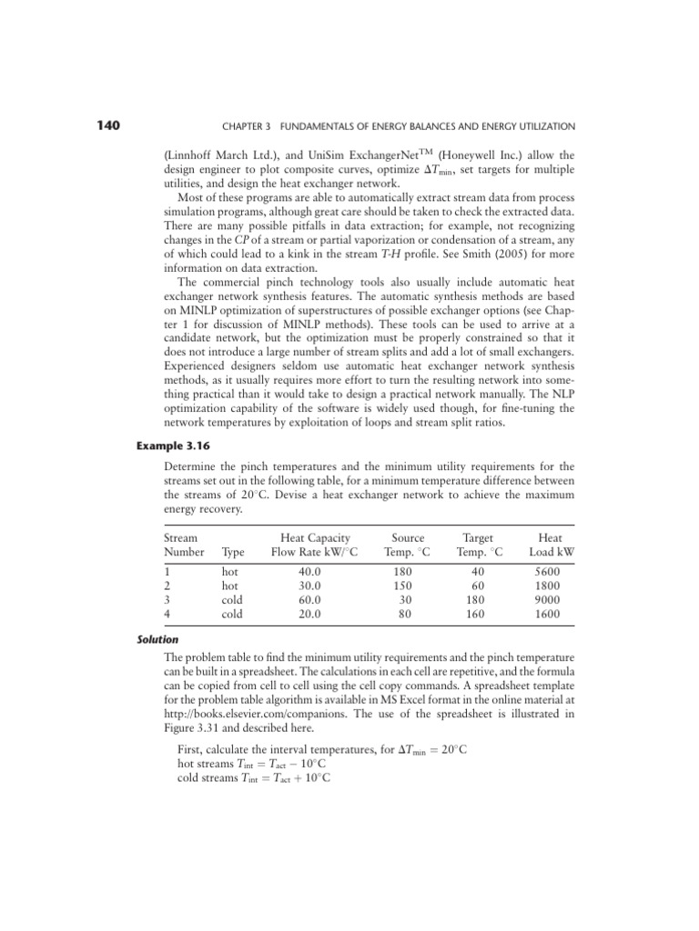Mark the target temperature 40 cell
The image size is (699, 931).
coord(476,572)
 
